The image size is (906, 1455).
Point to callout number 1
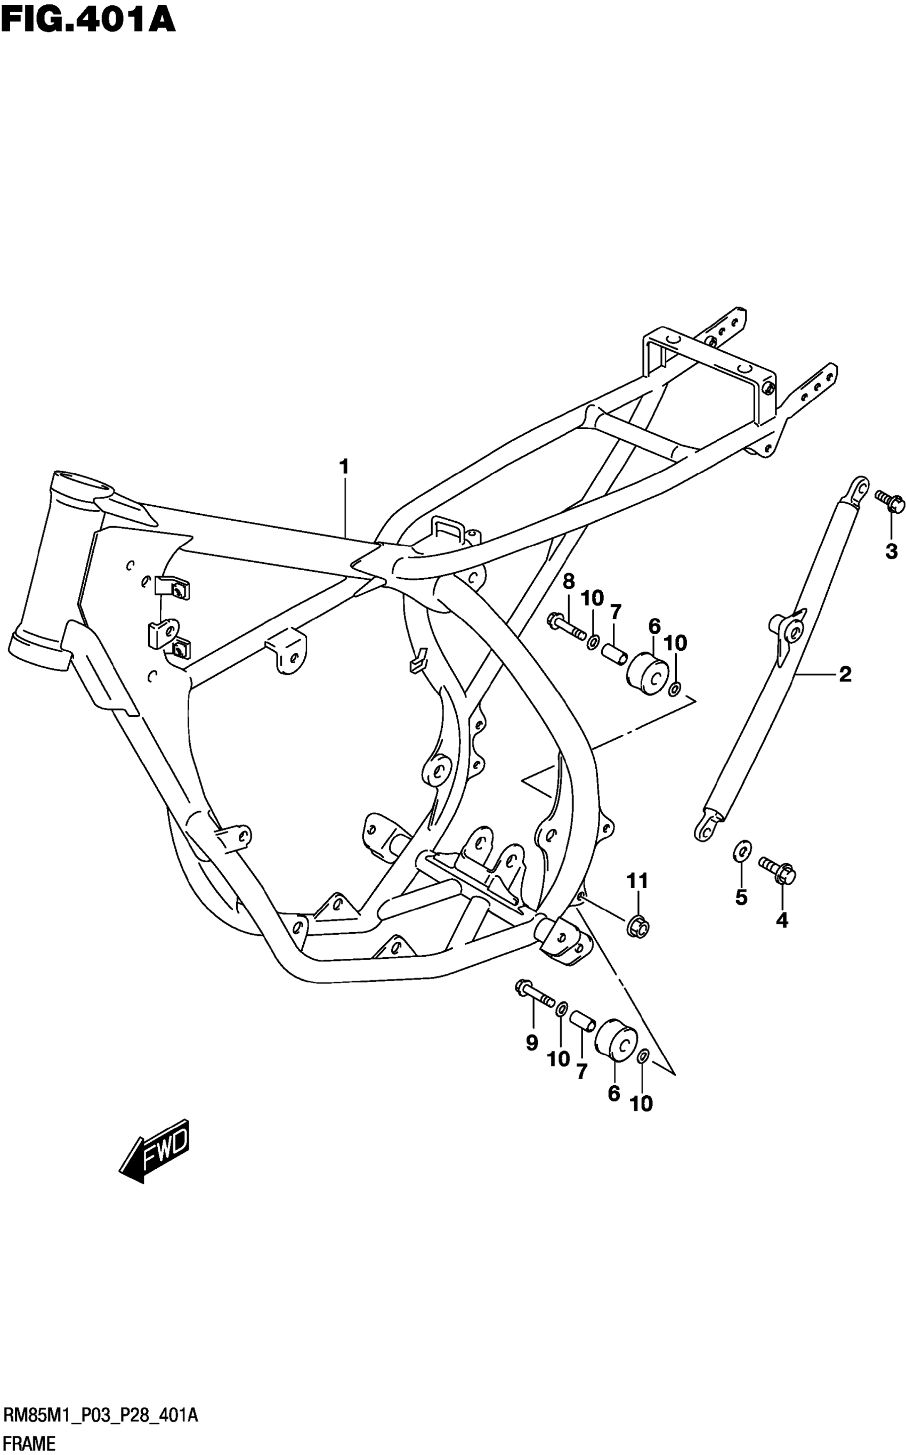click(x=344, y=466)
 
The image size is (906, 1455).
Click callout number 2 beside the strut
click(x=845, y=675)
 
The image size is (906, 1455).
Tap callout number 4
click(x=782, y=920)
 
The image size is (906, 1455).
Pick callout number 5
click(x=741, y=898)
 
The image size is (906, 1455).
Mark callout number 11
click(x=637, y=881)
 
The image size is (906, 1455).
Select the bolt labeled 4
click(x=777, y=870)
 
